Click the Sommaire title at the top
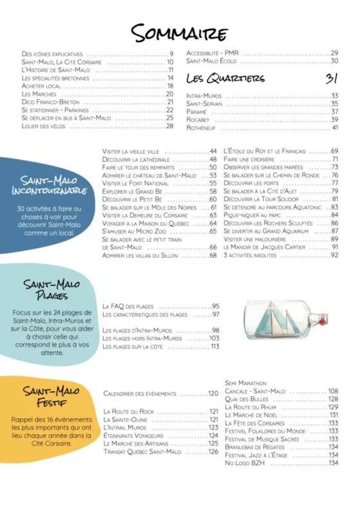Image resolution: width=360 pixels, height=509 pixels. pyautogui.click(x=180, y=32)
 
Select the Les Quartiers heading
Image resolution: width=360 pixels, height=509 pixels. pyautogui.click(x=225, y=78)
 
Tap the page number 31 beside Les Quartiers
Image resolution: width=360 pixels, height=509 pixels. pyautogui.click(x=332, y=78)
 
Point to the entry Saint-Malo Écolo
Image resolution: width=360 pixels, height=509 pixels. pyautogui.click(x=212, y=61)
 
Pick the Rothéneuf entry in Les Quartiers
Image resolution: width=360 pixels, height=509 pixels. pyautogui.click(x=203, y=127)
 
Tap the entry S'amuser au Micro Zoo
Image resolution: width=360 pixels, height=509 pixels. pyautogui.click(x=136, y=231)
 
